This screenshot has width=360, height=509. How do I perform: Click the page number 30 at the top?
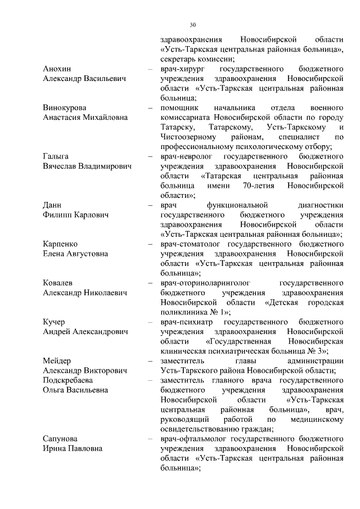[x=193, y=25]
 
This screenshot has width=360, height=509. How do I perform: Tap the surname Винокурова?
[x=66, y=107]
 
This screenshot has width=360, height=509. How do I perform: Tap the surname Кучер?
[x=54, y=322]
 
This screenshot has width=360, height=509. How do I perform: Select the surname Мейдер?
[x=57, y=361]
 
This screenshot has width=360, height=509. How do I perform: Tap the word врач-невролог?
[x=187, y=156]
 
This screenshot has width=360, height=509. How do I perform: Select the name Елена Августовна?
[x=75, y=254]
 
